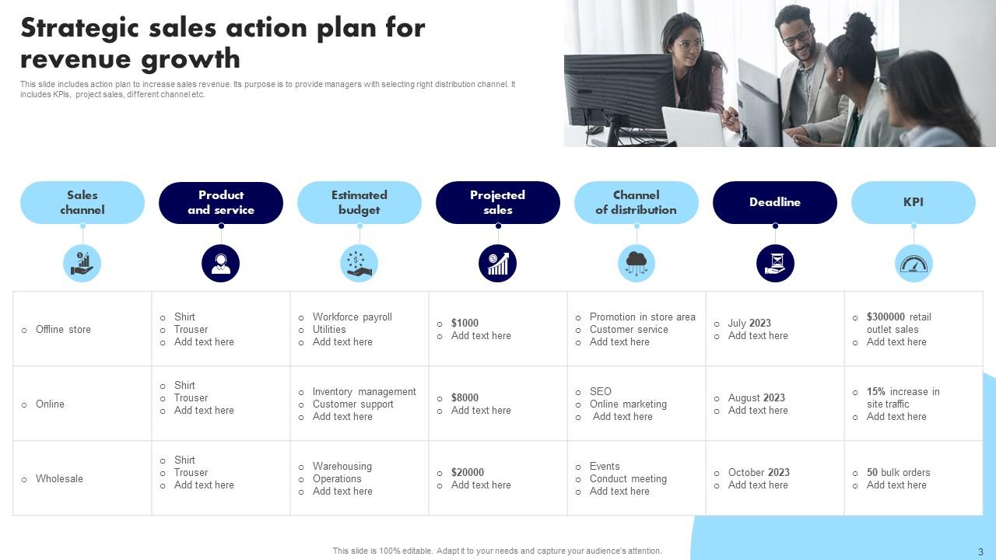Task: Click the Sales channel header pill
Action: coord(82,202)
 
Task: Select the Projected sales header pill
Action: coord(498,202)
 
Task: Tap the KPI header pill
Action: coord(913,202)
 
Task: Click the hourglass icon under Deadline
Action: coord(775,264)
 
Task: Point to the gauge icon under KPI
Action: coord(914,264)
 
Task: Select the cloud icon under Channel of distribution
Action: coord(637,264)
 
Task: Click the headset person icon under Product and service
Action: coord(221,264)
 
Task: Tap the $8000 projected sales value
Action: coord(465,397)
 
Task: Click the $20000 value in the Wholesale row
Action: coord(467,472)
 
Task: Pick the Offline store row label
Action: coord(63,329)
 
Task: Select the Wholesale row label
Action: coord(59,478)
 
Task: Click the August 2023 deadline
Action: coord(756,397)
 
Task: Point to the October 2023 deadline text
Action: coord(759,472)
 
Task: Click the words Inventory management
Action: coord(364,391)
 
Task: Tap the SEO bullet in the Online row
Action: coord(600,391)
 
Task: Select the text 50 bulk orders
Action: coord(898,472)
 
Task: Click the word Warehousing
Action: coord(342,466)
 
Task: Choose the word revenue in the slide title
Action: coord(75,58)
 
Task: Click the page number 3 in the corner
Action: coord(980,551)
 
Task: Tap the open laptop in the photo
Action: coord(693,126)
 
